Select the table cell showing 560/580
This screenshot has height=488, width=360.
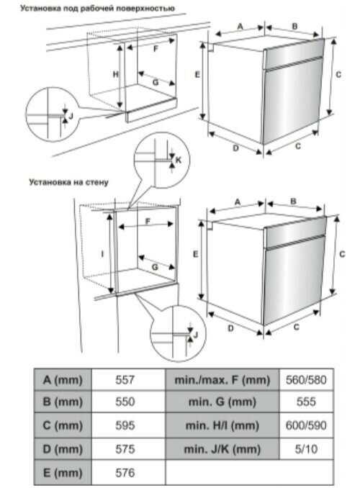pyautogui.click(x=306, y=380)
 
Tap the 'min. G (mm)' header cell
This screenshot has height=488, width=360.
pyautogui.click(x=222, y=402)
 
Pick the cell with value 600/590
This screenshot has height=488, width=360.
pyautogui.click(x=306, y=425)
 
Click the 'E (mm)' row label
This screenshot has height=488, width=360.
pyautogui.click(x=63, y=473)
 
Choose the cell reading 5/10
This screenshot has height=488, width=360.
pyautogui.click(x=306, y=449)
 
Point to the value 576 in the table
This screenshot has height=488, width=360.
pyautogui.click(x=125, y=473)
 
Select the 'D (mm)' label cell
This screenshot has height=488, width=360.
pyautogui.click(x=63, y=449)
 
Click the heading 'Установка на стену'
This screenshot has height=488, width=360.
pyautogui.click(x=68, y=182)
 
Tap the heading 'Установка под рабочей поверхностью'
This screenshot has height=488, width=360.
pyautogui.click(x=97, y=9)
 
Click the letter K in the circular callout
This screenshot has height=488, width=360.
pyautogui.click(x=179, y=160)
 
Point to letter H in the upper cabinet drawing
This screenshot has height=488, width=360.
pyautogui.click(x=115, y=74)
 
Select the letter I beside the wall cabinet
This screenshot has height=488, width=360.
pyautogui.click(x=102, y=254)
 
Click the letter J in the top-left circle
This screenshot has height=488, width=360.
pyautogui.click(x=71, y=116)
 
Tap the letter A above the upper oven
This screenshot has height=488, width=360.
pyautogui.click(x=240, y=27)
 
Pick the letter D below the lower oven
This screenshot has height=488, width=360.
pyautogui.click(x=231, y=328)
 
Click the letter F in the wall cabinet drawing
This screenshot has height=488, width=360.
pyautogui.click(x=148, y=221)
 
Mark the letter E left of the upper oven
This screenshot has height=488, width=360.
pyautogui.click(x=197, y=75)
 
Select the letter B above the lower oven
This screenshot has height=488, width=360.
pyautogui.click(x=293, y=202)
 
